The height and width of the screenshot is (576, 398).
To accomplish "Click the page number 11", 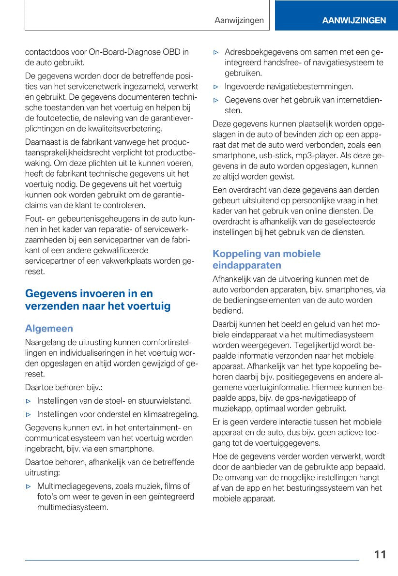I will tap(380, 554).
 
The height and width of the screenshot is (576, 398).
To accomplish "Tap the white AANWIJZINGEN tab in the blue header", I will tap(354, 20).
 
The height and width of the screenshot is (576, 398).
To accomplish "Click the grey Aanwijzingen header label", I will tap(239, 20).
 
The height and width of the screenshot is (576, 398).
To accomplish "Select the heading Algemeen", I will tap(49, 328).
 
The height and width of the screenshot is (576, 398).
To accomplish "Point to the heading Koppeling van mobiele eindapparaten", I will tap(266, 259).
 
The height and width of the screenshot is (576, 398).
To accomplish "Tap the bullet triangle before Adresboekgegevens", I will tap(216, 52).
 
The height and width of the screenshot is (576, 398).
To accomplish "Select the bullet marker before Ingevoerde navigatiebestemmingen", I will tap(216, 87).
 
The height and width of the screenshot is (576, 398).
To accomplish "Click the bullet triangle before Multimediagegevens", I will tap(29, 486).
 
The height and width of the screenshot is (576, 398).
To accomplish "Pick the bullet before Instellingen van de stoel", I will tap(29, 401).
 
